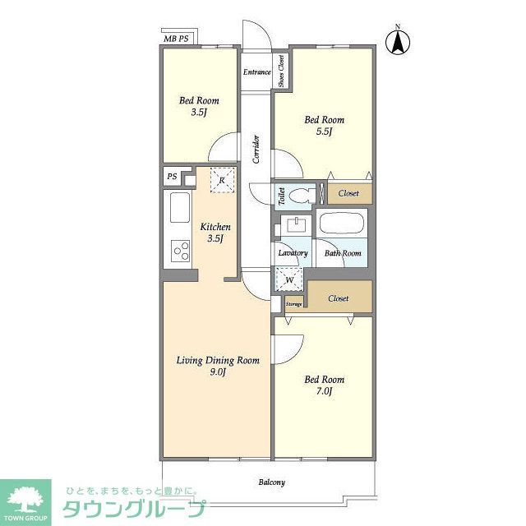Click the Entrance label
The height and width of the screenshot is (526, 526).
pos(256,72)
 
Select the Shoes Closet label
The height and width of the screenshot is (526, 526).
pos(281,72)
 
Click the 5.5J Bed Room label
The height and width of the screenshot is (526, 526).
pos(324,126)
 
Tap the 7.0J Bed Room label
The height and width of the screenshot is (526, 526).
pos(324,385)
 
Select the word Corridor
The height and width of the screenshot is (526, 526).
pos(256,149)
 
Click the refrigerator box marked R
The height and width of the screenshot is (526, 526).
pos(222,180)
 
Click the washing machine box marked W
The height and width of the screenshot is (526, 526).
pos(289,279)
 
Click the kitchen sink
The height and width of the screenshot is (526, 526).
pos(180,207)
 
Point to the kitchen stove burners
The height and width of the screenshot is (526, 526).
pos(180,249)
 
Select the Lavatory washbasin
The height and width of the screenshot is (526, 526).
pos(293,226)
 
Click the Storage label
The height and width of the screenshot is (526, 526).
pos(294,304)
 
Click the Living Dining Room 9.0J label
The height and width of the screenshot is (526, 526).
pos(219,366)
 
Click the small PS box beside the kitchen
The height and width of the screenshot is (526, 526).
pos(172,176)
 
